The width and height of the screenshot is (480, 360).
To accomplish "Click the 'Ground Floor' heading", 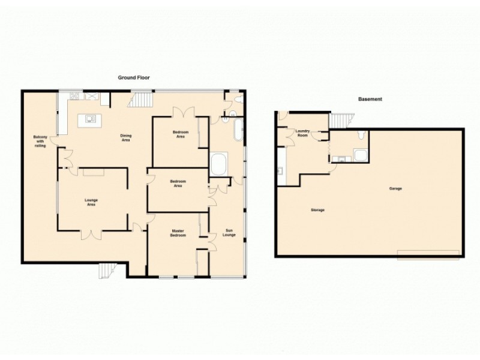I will point(133,77).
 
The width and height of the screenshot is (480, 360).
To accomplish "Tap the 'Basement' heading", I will point(370,100).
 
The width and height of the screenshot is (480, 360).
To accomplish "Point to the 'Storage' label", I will point(317,210).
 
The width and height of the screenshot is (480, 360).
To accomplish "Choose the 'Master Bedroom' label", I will point(177,233).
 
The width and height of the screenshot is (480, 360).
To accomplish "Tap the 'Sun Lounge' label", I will point(229,233).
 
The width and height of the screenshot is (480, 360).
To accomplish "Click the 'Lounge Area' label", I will point(91,202).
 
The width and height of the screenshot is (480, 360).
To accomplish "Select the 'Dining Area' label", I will point(126,137).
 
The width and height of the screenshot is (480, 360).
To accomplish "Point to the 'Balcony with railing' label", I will point(40,141).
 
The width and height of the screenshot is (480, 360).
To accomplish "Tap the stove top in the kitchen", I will point(77,96).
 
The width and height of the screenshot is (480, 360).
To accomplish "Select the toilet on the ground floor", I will point(238,100).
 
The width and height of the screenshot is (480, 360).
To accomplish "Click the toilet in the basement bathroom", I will point(358,134).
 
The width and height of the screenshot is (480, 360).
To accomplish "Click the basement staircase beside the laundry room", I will point(339,121).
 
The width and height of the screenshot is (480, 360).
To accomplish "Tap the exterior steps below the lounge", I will point(106,271).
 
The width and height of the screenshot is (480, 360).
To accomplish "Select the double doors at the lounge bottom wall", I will point(92,234).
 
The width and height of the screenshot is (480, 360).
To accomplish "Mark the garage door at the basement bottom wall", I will point(429,256).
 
